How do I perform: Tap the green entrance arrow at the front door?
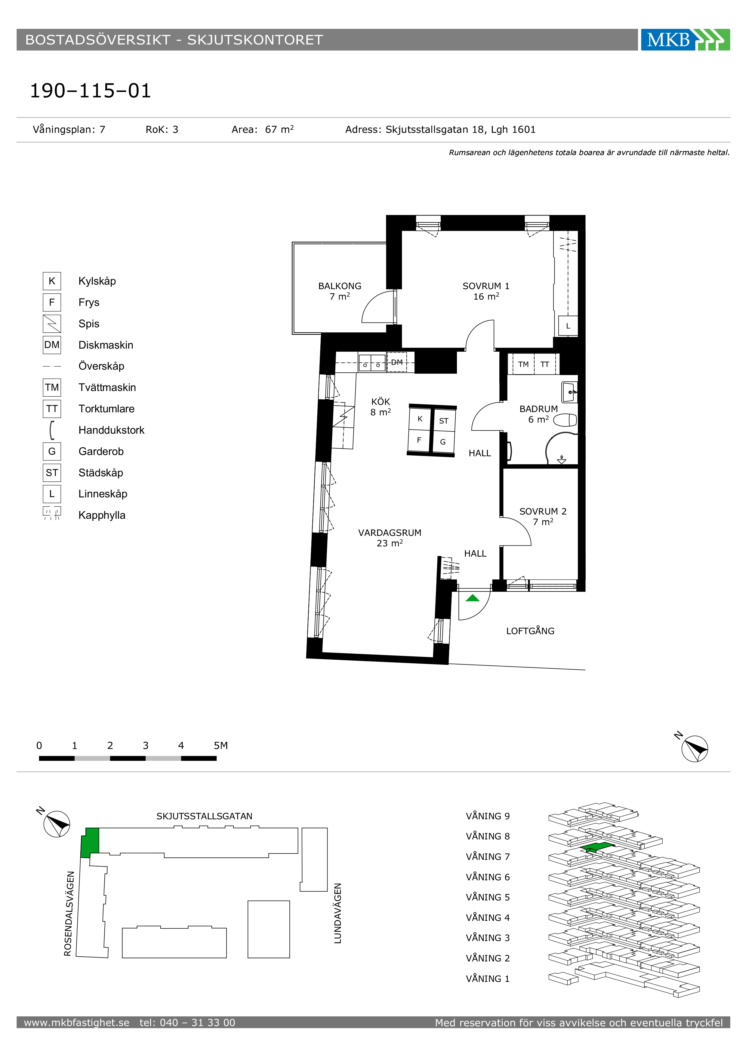click(x=472, y=598)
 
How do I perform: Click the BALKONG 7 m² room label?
click(x=340, y=291)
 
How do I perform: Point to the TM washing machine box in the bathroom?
click(x=523, y=365)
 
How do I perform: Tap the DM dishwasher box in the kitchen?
click(x=397, y=362)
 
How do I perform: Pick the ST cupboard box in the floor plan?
click(x=444, y=420)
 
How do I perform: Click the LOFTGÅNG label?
click(x=530, y=631)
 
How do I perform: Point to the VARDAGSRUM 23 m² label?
click(x=390, y=538)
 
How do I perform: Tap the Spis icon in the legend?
click(x=52, y=324)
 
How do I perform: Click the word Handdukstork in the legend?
click(x=111, y=430)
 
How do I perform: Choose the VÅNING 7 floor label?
click(x=488, y=857)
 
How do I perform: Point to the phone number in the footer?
click(x=187, y=1022)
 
